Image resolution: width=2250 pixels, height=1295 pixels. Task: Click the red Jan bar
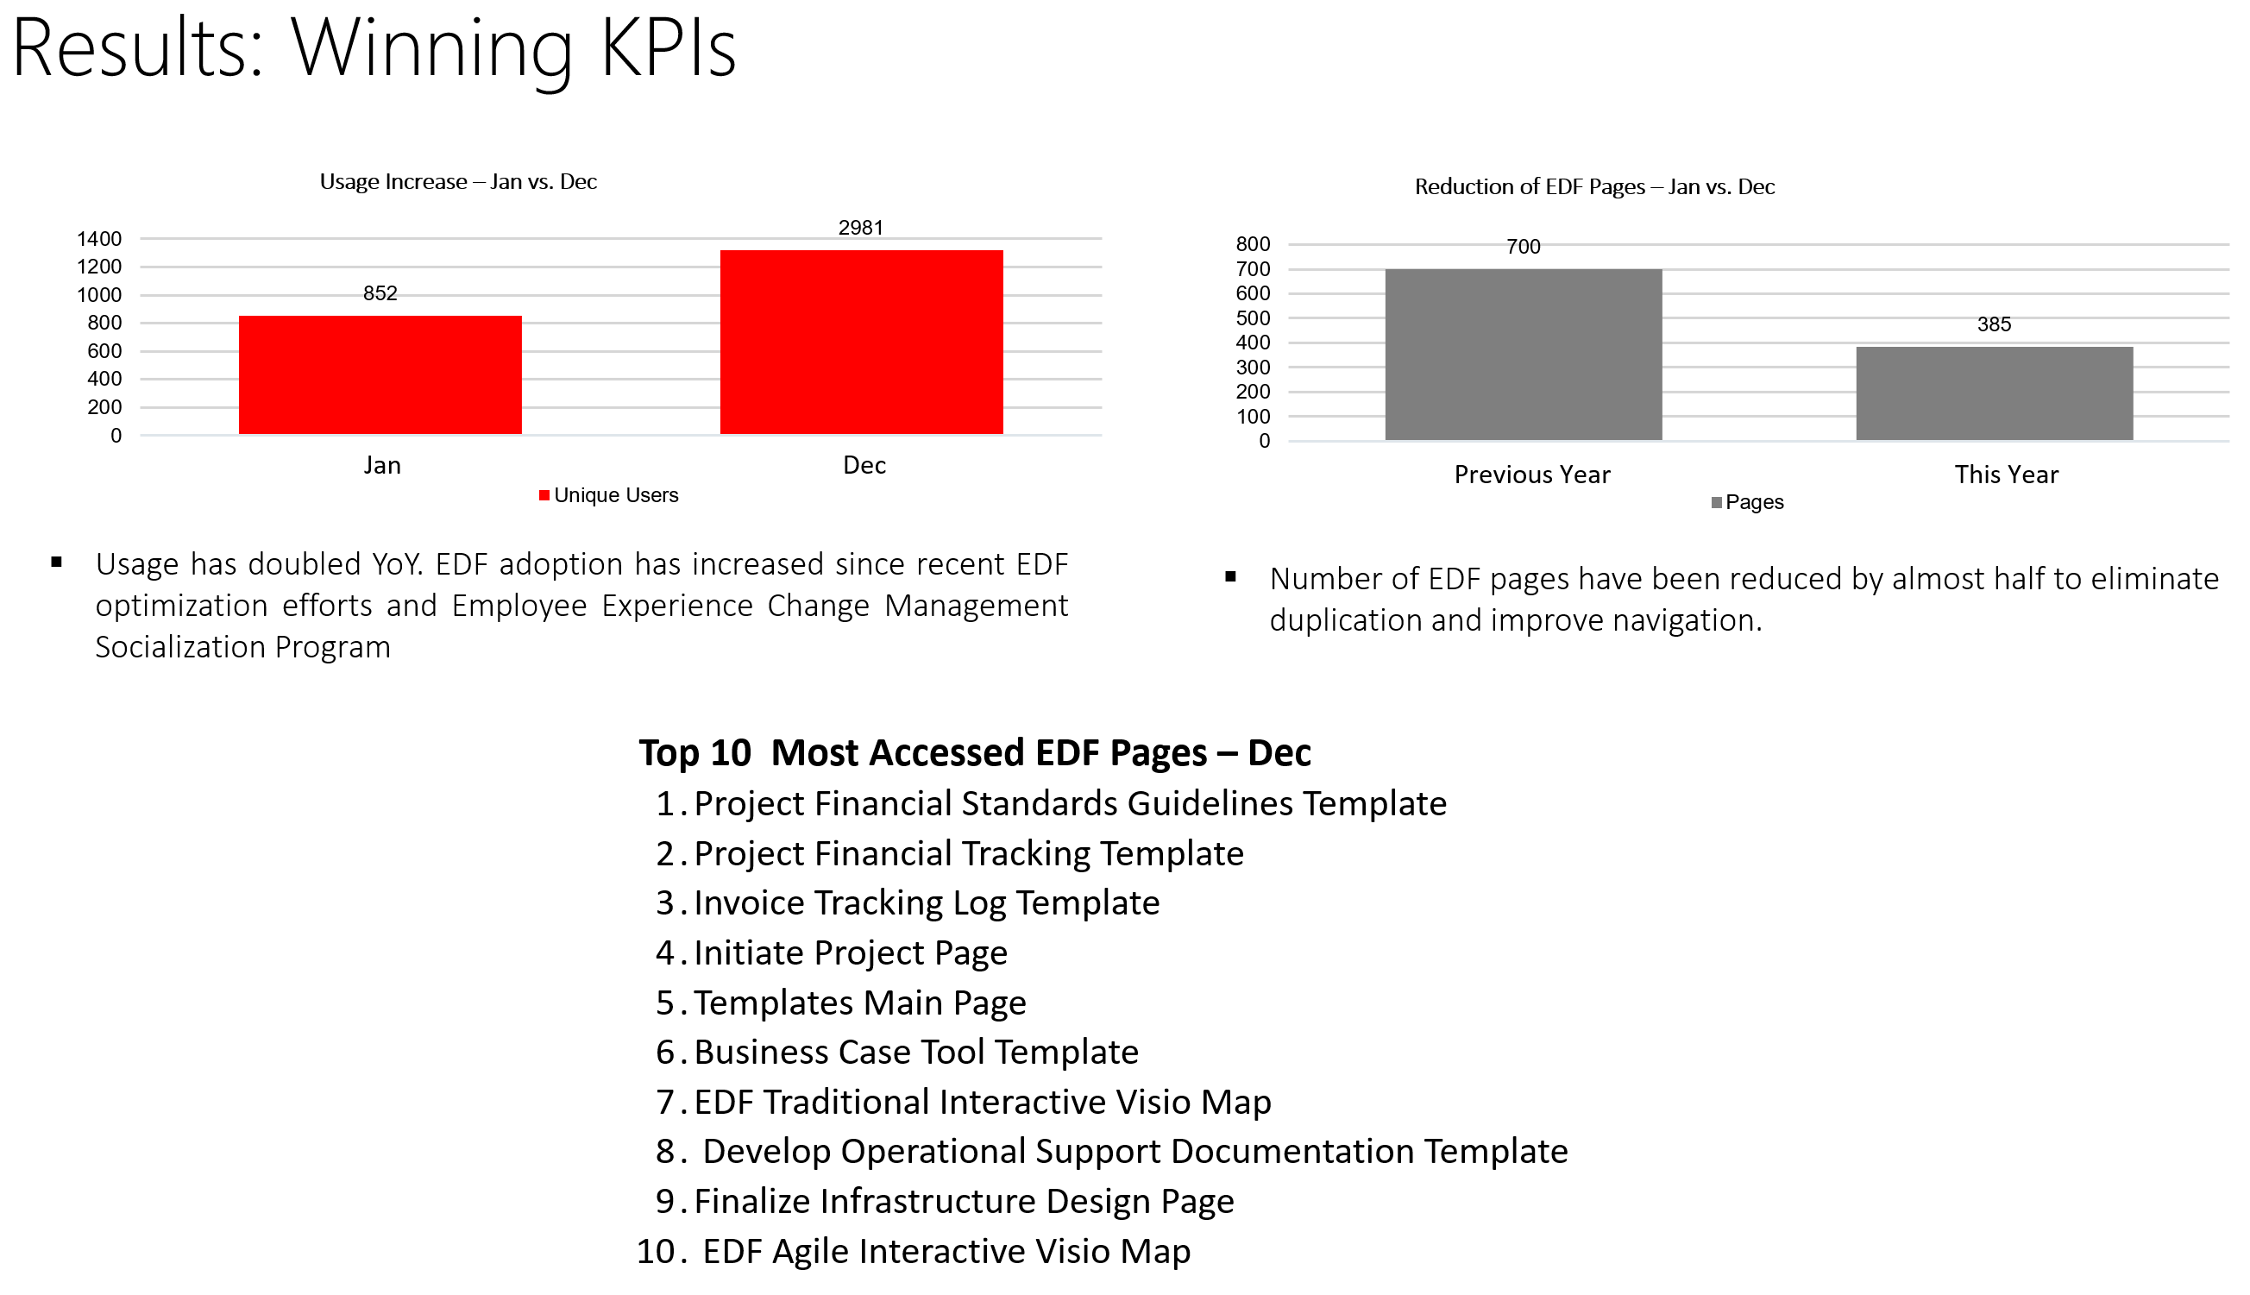[380, 374]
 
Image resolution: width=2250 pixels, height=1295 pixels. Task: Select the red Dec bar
[861, 343]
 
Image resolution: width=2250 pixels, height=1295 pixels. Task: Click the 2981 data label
[861, 228]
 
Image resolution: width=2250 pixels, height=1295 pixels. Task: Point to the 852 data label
[380, 293]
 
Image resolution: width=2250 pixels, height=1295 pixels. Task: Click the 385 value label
[1993, 324]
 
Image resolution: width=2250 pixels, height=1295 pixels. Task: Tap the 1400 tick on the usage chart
[98, 238]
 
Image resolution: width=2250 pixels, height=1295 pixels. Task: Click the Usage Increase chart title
[458, 181]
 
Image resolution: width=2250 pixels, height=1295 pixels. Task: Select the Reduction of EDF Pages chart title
[1593, 186]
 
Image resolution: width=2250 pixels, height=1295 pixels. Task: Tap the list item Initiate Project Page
[850, 952]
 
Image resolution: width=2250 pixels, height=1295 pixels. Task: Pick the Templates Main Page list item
[859, 1003]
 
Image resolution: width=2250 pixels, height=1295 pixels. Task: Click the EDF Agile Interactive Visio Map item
[946, 1251]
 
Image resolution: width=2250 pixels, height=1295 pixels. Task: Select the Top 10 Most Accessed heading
[975, 752]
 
